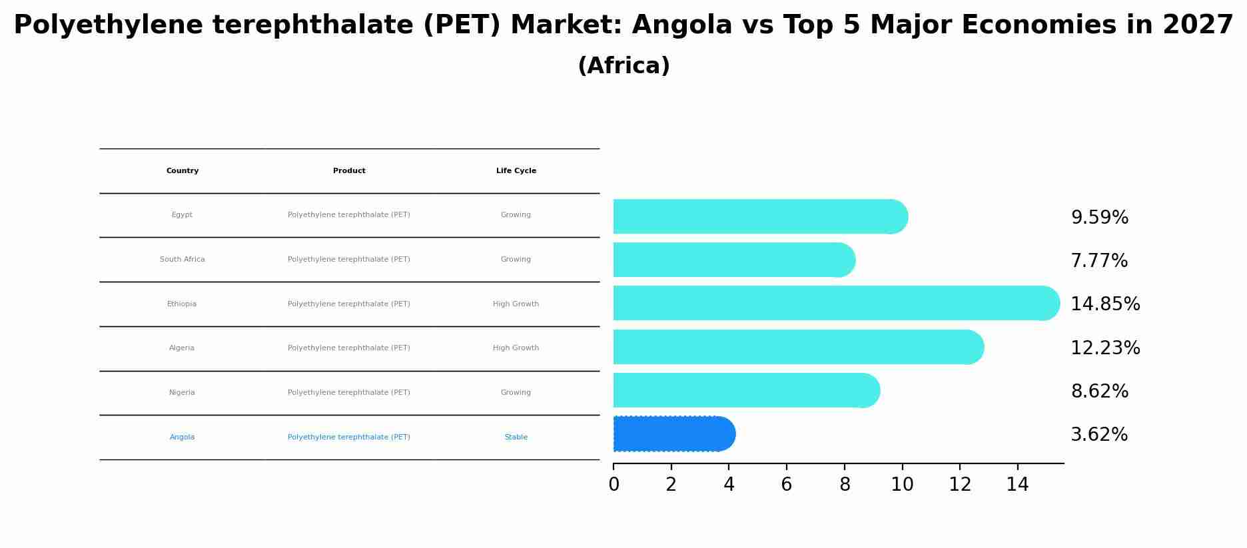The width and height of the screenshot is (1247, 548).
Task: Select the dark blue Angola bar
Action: (x=673, y=434)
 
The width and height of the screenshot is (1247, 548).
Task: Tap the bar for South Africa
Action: (x=733, y=260)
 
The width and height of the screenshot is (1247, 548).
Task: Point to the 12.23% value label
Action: (x=1104, y=348)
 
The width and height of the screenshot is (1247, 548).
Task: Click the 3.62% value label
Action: (x=1098, y=435)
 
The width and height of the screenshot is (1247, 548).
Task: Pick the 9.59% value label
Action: (x=1099, y=218)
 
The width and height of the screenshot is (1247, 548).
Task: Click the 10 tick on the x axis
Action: (x=902, y=485)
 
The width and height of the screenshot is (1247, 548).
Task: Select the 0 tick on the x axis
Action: (x=614, y=485)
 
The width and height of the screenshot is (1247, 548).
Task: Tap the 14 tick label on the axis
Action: (x=1017, y=485)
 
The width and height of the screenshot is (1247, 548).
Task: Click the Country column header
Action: (x=183, y=171)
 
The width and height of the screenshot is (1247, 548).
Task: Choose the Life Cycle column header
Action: (x=516, y=171)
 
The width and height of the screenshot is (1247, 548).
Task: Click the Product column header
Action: (x=349, y=171)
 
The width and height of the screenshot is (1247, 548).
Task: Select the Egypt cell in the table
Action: (x=182, y=215)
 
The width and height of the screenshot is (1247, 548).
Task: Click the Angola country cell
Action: (x=182, y=437)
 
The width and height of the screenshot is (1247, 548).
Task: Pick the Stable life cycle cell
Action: (x=516, y=437)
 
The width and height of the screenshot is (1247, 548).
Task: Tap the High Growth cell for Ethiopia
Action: (x=516, y=304)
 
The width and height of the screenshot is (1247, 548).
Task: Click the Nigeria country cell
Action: (x=182, y=393)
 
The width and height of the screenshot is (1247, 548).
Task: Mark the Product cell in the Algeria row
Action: (x=349, y=348)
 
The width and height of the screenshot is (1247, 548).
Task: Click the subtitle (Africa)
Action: (x=623, y=66)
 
